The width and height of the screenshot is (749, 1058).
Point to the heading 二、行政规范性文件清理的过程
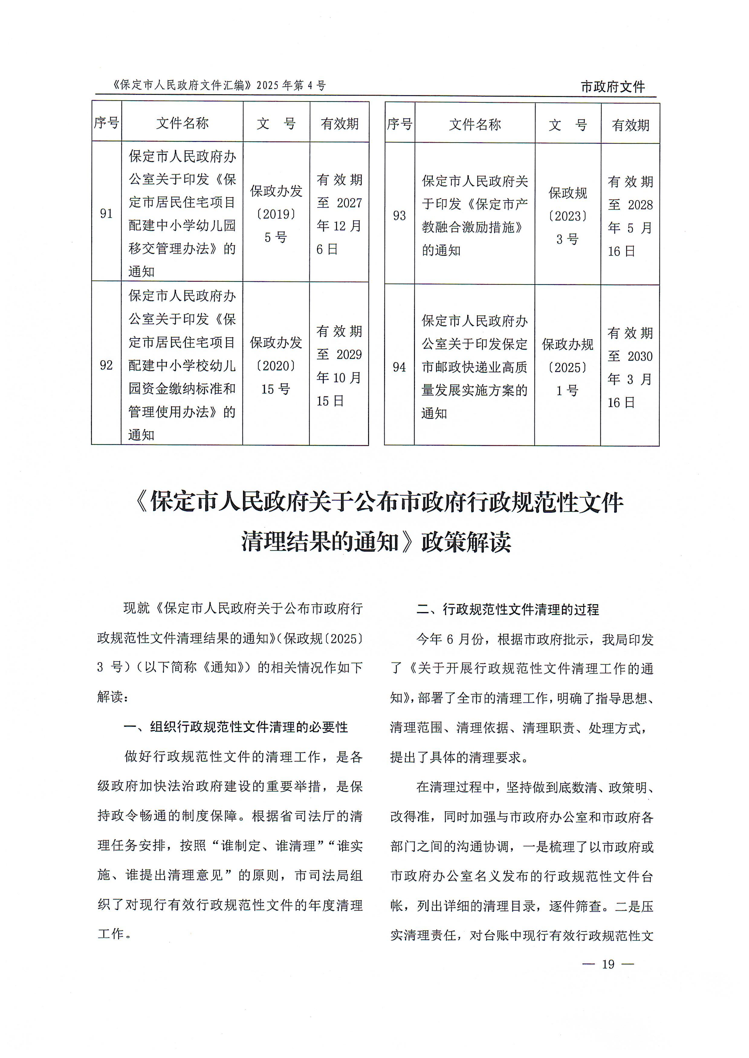(507, 610)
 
